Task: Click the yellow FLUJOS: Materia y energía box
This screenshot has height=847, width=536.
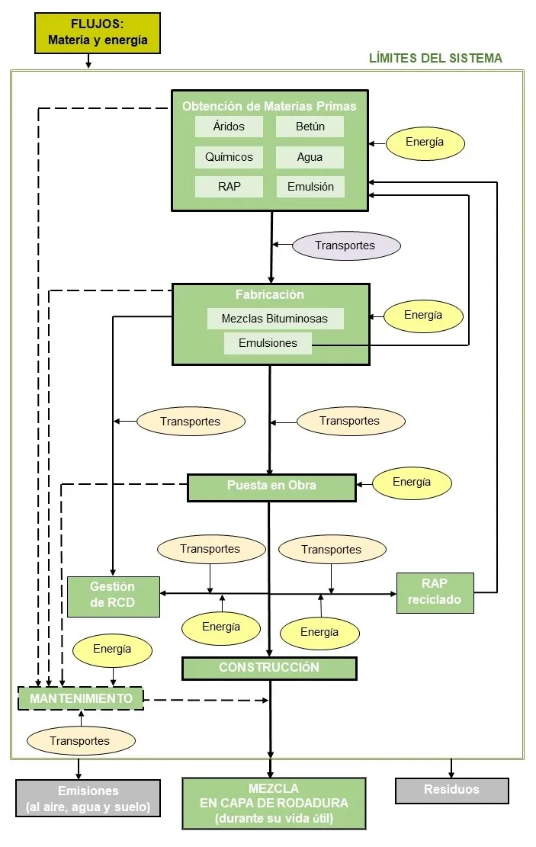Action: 98,33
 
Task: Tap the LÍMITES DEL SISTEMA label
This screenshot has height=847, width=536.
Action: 435,58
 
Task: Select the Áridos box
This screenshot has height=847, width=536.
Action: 229,127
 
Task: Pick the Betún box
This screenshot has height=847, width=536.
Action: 310,127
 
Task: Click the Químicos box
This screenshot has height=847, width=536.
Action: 229,157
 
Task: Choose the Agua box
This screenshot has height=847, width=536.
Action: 310,157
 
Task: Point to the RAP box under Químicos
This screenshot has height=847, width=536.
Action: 229,187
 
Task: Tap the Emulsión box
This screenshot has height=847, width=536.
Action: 310,187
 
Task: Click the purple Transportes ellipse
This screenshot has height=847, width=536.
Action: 345,245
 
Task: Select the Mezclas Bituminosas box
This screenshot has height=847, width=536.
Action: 274,319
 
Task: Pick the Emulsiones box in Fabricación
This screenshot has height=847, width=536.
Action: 268,343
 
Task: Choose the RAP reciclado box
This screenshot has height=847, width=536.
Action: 435,592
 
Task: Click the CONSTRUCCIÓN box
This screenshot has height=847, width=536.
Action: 269,668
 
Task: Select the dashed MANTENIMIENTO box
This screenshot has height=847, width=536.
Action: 81,698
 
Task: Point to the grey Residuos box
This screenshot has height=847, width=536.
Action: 451,791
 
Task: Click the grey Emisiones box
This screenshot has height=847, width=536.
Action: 88,798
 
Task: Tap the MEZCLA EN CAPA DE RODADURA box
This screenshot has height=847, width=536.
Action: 274,804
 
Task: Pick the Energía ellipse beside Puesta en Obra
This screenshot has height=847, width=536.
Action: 412,483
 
